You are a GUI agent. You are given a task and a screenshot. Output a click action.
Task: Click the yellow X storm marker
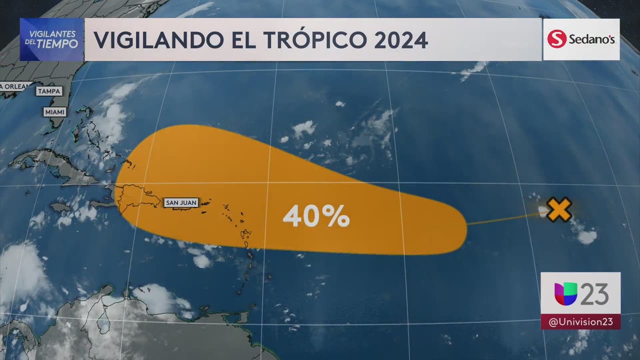pos(559,209)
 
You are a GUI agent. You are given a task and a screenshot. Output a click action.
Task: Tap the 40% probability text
pos(316,216)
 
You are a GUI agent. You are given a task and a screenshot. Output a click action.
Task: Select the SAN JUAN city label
pos(181,202)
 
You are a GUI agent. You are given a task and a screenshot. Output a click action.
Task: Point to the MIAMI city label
pos(55,112)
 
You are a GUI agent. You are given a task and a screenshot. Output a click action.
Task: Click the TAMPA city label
pos(49,91)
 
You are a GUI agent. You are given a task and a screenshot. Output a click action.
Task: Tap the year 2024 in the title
pos(401,40)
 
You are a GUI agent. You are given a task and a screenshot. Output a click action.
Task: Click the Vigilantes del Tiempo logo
pos(52,39)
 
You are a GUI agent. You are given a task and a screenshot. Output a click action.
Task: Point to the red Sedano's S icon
pos(556,39)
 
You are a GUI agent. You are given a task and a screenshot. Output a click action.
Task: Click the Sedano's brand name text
pos(591,39)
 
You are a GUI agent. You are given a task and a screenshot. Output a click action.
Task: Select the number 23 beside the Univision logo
pos(594,293)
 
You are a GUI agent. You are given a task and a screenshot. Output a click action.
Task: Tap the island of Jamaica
pos(60,206)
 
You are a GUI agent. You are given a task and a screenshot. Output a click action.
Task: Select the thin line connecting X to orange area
pos(505,218)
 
